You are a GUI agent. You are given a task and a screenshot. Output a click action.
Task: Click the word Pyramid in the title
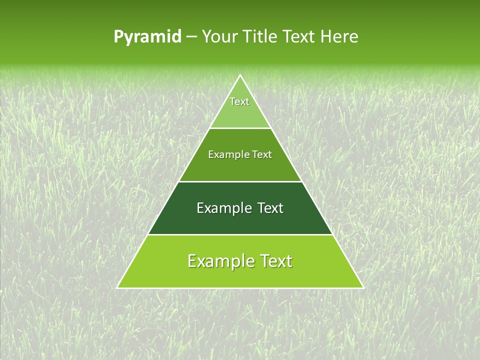(147, 37)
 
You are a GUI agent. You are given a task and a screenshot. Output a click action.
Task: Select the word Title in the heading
(260, 37)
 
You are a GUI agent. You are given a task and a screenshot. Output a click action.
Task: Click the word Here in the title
(339, 37)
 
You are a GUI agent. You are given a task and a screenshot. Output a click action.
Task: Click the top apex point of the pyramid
(240, 75)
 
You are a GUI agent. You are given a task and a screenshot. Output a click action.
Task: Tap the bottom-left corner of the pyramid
(117, 287)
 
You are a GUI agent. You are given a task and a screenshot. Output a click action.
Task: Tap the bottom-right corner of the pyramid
(363, 287)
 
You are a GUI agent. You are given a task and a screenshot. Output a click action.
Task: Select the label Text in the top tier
(239, 101)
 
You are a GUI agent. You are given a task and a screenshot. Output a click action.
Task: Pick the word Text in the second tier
(262, 155)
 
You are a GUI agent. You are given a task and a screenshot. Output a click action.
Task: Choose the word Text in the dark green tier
(270, 208)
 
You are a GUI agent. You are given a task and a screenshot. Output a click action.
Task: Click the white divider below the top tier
(240, 128)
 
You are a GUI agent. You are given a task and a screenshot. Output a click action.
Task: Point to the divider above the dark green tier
(240, 181)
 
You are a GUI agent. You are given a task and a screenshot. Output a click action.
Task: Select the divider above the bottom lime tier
(240, 234)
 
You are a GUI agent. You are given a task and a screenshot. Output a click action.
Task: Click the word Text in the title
(299, 37)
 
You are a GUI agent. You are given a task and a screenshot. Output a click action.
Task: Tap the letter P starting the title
(118, 37)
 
